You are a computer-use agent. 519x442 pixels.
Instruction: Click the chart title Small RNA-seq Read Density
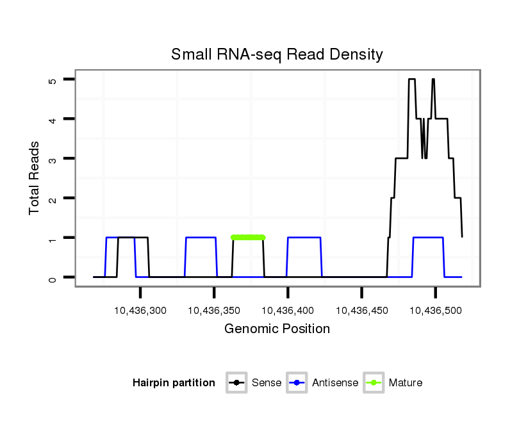click(x=277, y=54)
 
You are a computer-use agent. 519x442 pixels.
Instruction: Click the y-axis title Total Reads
click(x=35, y=178)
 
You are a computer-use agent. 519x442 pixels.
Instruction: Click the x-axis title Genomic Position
click(x=277, y=329)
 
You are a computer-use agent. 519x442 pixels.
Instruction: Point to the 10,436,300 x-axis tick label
click(x=140, y=311)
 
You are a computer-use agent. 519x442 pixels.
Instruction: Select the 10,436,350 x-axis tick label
click(x=214, y=311)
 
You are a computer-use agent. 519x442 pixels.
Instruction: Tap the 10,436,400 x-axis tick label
click(x=288, y=311)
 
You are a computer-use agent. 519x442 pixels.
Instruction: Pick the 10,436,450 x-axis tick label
click(x=361, y=311)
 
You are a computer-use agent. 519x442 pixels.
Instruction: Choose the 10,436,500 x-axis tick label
click(x=436, y=311)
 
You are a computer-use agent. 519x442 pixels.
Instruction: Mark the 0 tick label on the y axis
click(x=53, y=277)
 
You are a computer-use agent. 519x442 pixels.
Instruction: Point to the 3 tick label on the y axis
click(x=53, y=159)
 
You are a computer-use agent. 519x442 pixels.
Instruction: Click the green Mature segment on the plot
click(x=248, y=237)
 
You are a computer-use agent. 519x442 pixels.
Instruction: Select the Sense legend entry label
click(x=267, y=383)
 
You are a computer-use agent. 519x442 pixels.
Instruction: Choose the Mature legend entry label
click(x=406, y=383)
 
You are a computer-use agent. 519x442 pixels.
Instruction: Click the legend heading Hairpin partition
click(x=174, y=383)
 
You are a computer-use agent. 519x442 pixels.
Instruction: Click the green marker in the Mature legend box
click(x=374, y=383)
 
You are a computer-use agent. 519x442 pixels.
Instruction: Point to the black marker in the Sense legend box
click(x=236, y=383)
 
